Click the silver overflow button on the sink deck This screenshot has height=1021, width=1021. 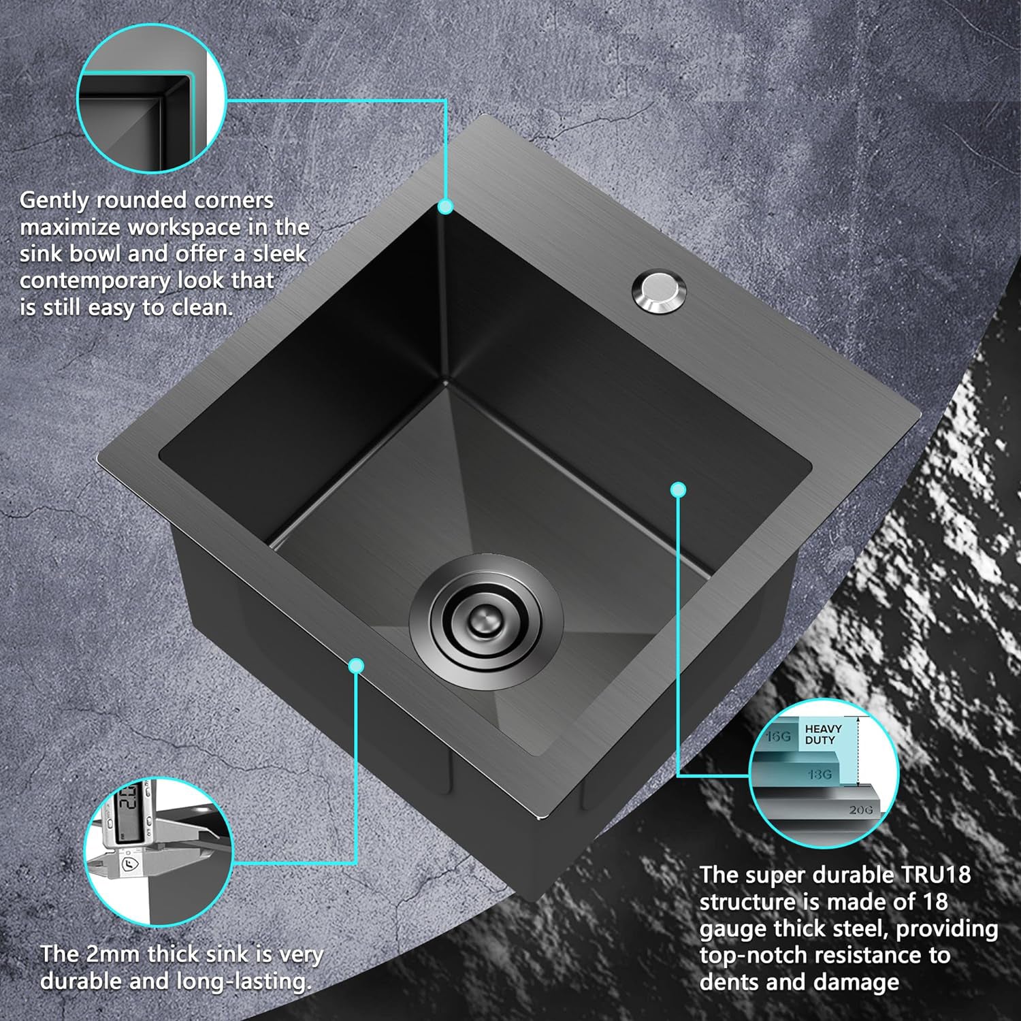tap(659, 292)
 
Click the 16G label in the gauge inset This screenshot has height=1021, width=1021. tap(778, 736)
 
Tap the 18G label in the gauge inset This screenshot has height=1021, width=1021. tap(820, 775)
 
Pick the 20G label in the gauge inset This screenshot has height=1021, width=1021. tap(860, 809)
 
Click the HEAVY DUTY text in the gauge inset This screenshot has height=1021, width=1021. tap(823, 734)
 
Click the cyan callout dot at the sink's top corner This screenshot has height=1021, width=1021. tap(445, 206)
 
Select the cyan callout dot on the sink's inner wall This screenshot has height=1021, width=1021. tap(678, 489)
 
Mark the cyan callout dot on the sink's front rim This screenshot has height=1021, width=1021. tap(356, 666)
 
